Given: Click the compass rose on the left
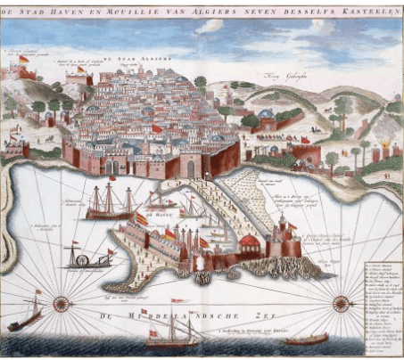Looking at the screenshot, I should coord(62,302).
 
